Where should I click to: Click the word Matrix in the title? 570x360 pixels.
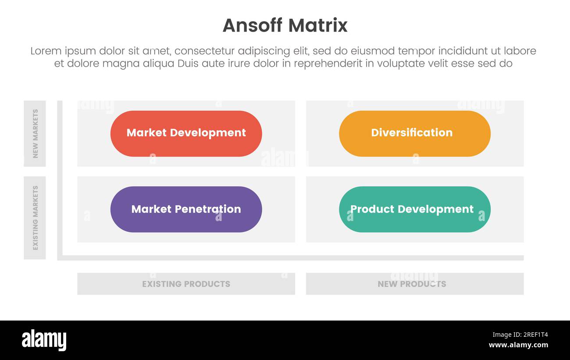[321, 25]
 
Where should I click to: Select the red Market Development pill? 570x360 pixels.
[186, 133]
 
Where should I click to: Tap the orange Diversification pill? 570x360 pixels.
[414, 133]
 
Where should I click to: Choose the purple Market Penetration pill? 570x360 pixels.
[186, 209]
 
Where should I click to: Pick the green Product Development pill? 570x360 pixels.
[414, 209]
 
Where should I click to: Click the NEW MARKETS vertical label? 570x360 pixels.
[35, 133]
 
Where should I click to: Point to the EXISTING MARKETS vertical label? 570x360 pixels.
[35, 217]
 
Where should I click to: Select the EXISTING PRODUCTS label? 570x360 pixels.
[186, 284]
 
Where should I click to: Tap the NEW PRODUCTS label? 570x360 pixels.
[412, 284]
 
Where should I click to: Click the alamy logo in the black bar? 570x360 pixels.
[44, 340]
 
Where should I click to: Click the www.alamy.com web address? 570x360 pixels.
[518, 345]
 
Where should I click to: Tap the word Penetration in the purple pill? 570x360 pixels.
[211, 209]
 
